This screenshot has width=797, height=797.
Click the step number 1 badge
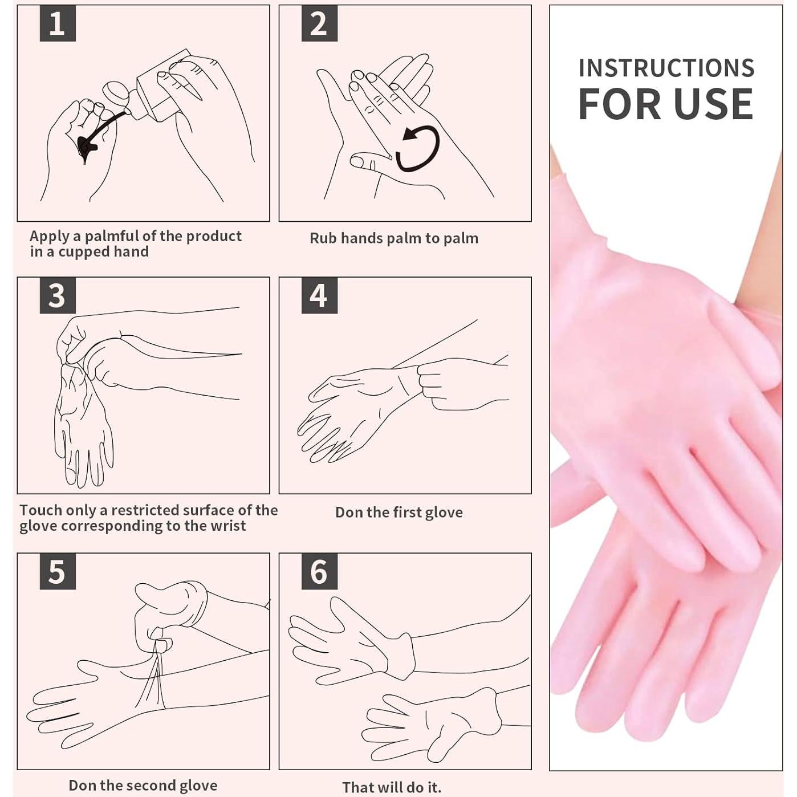pos(57,24)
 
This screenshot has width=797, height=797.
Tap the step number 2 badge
pos(319,24)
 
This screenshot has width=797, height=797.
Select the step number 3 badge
pos(57,296)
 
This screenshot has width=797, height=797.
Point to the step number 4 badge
pos(319,296)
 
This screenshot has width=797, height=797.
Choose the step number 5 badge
pos(57,572)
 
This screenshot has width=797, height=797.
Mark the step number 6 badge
pos(319,572)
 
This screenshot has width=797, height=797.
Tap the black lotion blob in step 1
pos(86,147)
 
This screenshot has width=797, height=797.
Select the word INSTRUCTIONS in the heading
pos(666,68)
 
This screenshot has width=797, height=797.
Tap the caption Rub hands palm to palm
pos(393,238)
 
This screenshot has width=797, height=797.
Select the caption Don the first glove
pos(398,513)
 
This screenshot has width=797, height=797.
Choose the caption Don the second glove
pos(143,786)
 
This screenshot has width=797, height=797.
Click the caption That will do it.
pos(392,787)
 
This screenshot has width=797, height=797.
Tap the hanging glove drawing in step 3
pos(83,428)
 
